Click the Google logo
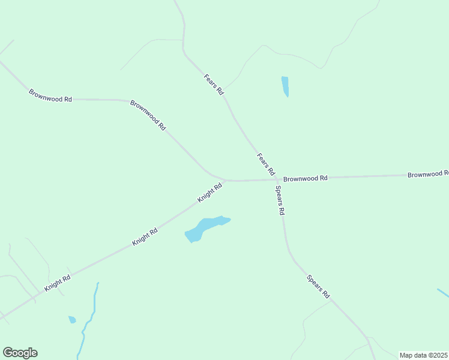coord(20,353)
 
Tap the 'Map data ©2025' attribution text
coord(424,355)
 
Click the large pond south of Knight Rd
coord(204,228)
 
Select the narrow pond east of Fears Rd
coord(285,86)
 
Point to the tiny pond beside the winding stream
coord(72,319)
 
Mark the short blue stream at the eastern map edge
coord(443,293)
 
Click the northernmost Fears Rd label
coord(214,85)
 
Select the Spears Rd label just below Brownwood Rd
coord(280,200)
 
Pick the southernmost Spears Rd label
coord(318,287)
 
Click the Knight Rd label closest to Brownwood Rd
coord(210,193)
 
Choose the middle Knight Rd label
coord(145,236)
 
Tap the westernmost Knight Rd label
coord(58,283)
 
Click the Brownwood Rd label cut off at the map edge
coord(427,175)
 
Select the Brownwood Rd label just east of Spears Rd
coord(306,178)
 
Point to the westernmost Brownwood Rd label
coord(50,95)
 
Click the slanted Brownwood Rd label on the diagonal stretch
coord(148,115)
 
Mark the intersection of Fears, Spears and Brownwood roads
coord(277,179)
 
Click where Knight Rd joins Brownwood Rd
coord(224,180)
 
